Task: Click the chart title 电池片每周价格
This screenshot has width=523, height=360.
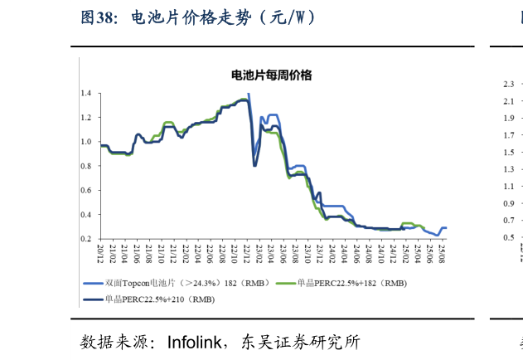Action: coord(271,75)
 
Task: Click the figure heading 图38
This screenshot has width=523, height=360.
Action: coord(98,17)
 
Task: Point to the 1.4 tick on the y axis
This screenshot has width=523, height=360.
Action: coord(86,93)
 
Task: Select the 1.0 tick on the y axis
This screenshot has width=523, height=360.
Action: coord(86,142)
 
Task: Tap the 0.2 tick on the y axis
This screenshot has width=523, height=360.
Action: coord(86,239)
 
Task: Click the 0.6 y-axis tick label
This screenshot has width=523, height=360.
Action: coord(86,190)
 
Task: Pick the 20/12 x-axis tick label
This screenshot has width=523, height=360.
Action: coord(99,253)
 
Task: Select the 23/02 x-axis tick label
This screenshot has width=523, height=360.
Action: coord(259,253)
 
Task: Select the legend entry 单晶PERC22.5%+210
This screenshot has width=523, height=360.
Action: coord(158,299)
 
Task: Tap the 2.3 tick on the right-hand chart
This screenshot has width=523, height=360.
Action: coord(508,84)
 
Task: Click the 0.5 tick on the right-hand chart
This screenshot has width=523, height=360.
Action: coord(508,238)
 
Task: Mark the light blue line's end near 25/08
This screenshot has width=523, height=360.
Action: coord(447,227)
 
